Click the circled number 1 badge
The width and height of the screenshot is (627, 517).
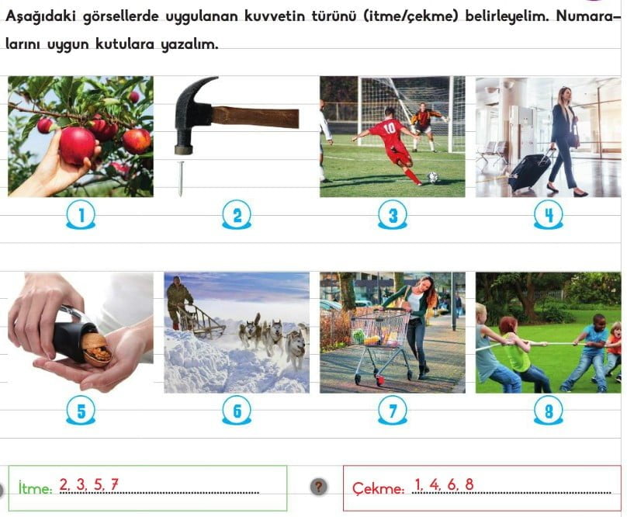point(81,215)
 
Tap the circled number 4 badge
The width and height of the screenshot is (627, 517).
point(549,215)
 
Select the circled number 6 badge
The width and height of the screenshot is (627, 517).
point(237,411)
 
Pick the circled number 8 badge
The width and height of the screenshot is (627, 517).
point(549,411)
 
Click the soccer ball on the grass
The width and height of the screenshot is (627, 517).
point(433,177)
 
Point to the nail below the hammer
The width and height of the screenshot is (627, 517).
point(181,179)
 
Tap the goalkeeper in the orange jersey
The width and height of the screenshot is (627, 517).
point(424,127)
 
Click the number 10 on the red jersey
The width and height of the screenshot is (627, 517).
point(389,128)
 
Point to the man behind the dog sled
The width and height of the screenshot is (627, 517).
point(178,302)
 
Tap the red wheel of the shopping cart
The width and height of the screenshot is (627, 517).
point(379,380)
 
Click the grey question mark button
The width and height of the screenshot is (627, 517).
point(318,487)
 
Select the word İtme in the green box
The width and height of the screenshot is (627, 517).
point(35,488)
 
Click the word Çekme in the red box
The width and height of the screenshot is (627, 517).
point(378,488)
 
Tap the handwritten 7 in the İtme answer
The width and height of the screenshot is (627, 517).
point(114,484)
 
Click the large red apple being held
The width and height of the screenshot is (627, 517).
point(77,146)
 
